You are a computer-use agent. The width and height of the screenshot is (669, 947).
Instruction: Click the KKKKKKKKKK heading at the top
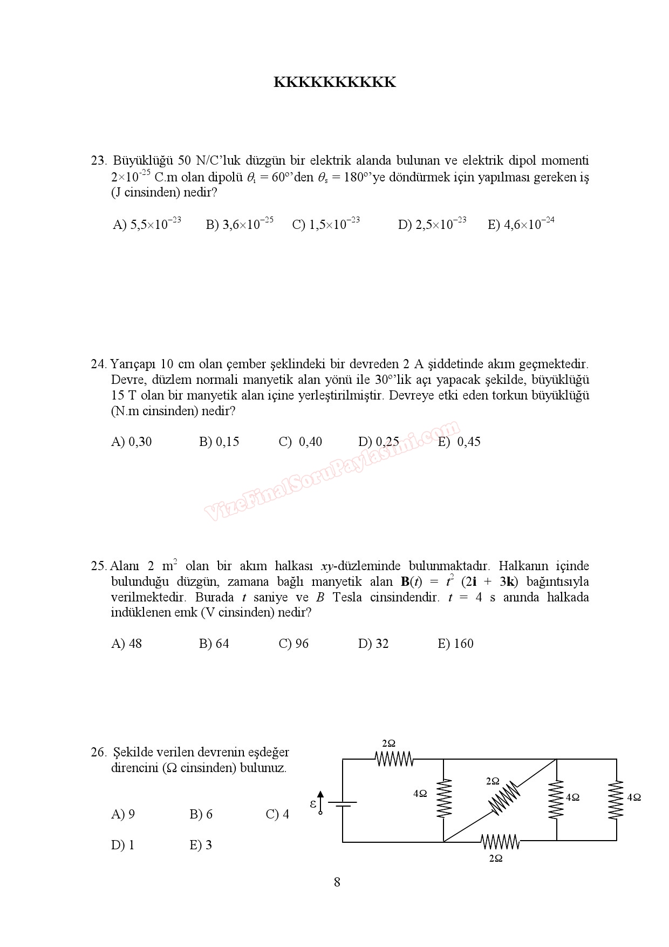(x=334, y=83)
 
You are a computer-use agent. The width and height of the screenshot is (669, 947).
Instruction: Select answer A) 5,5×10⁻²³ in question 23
(x=147, y=224)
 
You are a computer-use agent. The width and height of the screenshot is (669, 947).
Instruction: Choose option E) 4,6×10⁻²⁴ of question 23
(x=521, y=224)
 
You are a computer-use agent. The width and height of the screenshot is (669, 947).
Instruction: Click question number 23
(x=99, y=161)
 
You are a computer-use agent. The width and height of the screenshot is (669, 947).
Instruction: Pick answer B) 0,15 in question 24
(x=219, y=442)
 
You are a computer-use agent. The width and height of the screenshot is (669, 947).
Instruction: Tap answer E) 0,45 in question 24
(x=459, y=442)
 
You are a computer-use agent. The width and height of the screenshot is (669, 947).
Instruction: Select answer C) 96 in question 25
(x=293, y=644)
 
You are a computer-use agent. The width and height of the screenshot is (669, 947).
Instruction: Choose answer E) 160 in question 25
(x=455, y=644)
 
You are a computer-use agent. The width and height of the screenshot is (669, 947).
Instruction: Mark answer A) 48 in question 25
(x=126, y=644)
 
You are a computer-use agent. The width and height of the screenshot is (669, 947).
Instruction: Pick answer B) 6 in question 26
(x=201, y=814)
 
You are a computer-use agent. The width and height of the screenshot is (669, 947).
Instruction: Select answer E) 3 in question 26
(x=201, y=845)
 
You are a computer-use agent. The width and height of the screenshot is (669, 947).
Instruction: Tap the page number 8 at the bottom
(x=337, y=883)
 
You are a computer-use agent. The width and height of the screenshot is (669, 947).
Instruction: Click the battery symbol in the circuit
(x=343, y=804)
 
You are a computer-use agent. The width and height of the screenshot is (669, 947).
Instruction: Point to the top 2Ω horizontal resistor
(x=394, y=759)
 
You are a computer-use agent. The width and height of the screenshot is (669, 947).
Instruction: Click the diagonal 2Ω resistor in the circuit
(x=504, y=799)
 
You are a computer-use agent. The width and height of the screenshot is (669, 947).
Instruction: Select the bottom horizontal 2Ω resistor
(x=500, y=841)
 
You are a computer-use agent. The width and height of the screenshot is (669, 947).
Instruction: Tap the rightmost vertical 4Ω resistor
(x=616, y=799)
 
